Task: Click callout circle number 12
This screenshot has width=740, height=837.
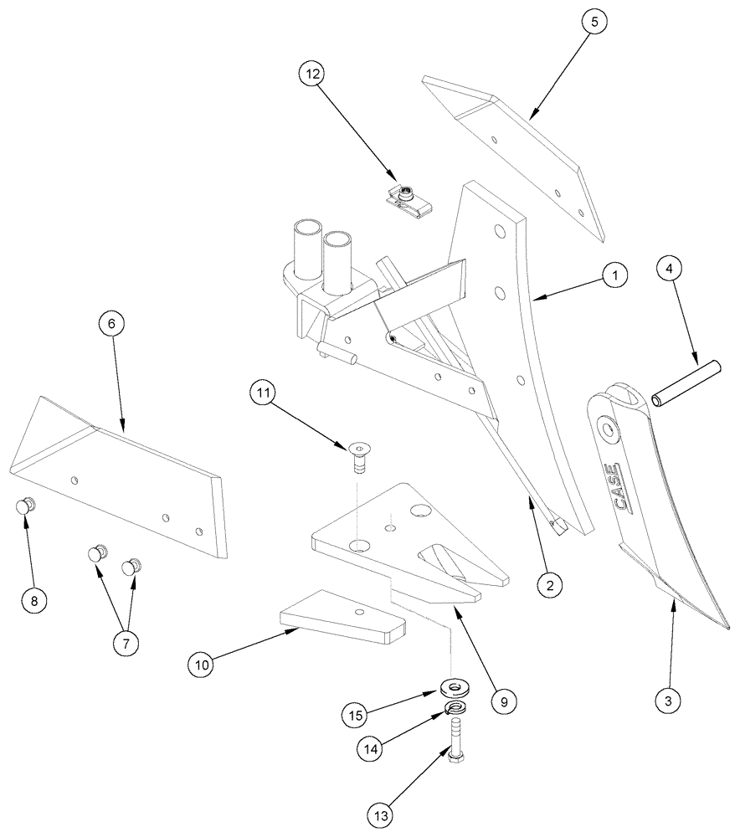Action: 312,74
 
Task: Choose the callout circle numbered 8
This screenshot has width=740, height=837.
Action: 33,600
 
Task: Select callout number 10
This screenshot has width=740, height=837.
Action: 201,665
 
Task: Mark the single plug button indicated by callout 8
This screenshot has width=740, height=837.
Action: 25,505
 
